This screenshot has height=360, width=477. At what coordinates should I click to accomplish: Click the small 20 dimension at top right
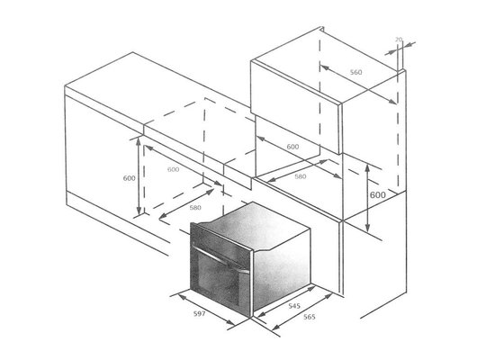click(x=398, y=40)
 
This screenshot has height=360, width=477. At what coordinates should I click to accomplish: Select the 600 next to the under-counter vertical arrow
click(x=129, y=178)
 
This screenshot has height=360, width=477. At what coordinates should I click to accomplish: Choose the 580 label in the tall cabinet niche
click(x=300, y=175)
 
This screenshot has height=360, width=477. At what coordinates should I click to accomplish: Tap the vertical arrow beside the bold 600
click(x=369, y=198)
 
